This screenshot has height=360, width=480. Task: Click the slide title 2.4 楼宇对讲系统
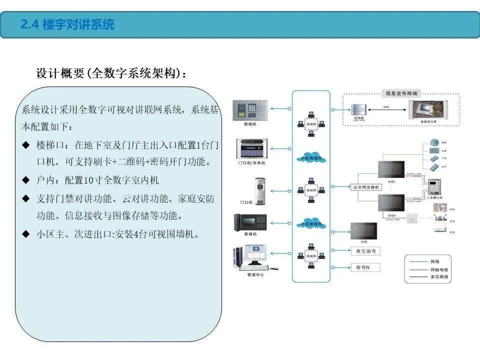coord(67,24)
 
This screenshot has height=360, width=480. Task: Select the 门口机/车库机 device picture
coord(251,148)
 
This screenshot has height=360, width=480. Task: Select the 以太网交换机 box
coord(366,187)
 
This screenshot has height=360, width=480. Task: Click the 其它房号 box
coord(366,251)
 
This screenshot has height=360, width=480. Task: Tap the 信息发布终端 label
coord(400,93)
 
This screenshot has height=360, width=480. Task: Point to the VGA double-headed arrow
coord(385,108)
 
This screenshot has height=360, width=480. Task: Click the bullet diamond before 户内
coord(26,179)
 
